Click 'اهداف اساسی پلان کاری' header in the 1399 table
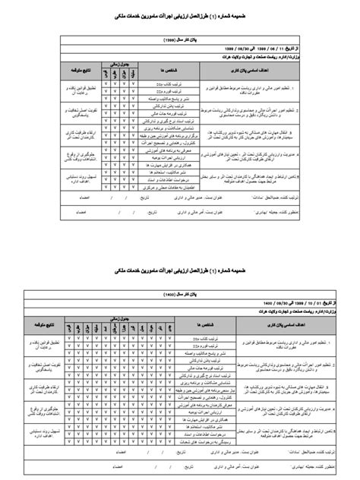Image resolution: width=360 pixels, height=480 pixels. (x=264, y=67)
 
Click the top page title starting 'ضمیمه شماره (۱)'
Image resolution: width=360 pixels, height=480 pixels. (x=180, y=14)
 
